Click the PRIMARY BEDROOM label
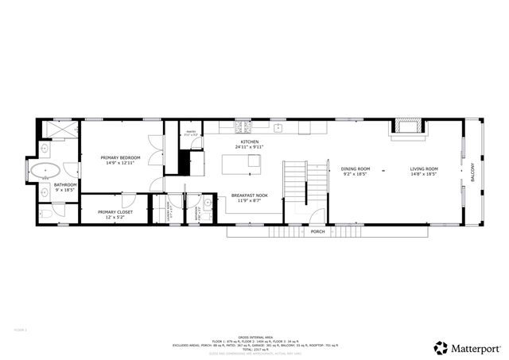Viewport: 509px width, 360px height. point(120,158)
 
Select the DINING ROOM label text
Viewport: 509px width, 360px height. point(356,168)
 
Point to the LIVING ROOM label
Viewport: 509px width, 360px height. point(424,168)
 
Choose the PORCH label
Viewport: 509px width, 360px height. point(317,231)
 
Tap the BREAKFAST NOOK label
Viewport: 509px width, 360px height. point(249,195)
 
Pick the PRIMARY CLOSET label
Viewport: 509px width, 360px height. point(115,212)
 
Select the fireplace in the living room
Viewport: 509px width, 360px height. point(408,127)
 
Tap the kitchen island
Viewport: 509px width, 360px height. point(241,163)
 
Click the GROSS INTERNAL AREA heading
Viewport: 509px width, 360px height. point(254,337)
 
